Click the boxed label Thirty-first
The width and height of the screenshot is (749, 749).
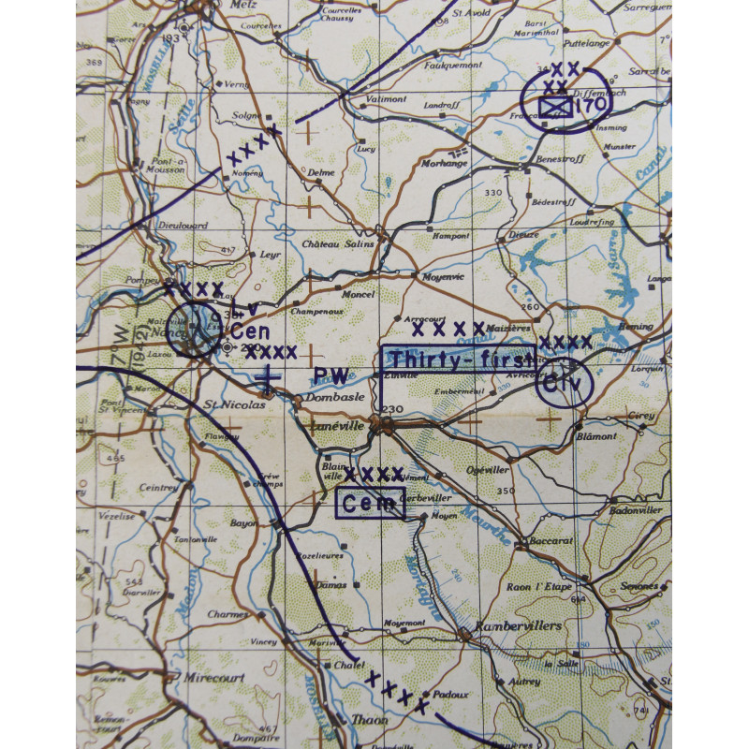458,360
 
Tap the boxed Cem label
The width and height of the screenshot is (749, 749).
371,504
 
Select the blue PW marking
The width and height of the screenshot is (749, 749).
330,376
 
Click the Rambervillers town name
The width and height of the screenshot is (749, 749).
517,624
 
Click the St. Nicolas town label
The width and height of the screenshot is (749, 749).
224,406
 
